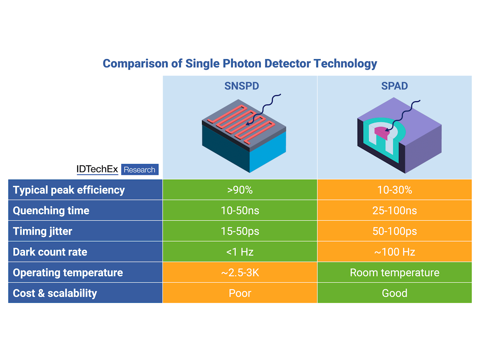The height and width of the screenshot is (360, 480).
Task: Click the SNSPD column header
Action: (240, 86)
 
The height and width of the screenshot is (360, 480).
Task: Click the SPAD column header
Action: (394, 86)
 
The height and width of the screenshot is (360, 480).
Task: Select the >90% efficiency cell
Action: (240, 190)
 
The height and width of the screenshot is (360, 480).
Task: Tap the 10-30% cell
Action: (394, 190)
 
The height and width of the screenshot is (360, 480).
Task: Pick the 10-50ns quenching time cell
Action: (240, 210)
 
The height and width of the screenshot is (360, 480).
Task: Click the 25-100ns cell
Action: (394, 210)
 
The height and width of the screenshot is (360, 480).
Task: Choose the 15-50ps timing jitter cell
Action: (240, 231)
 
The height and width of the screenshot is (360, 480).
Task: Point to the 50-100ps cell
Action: (394, 231)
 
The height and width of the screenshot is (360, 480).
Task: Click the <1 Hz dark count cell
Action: (240, 252)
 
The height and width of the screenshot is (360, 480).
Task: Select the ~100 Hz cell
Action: (394, 252)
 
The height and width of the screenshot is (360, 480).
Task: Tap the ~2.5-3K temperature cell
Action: (240, 273)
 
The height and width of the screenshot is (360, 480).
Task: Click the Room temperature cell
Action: (394, 273)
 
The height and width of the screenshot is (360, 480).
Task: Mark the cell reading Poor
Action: (240, 293)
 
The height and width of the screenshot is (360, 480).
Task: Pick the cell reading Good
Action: (394, 293)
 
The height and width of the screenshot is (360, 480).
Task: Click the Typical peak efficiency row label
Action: (69, 190)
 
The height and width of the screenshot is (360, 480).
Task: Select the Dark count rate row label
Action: (50, 252)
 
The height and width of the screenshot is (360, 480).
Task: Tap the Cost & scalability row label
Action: (55, 293)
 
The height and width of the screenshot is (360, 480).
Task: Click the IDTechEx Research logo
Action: (117, 170)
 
